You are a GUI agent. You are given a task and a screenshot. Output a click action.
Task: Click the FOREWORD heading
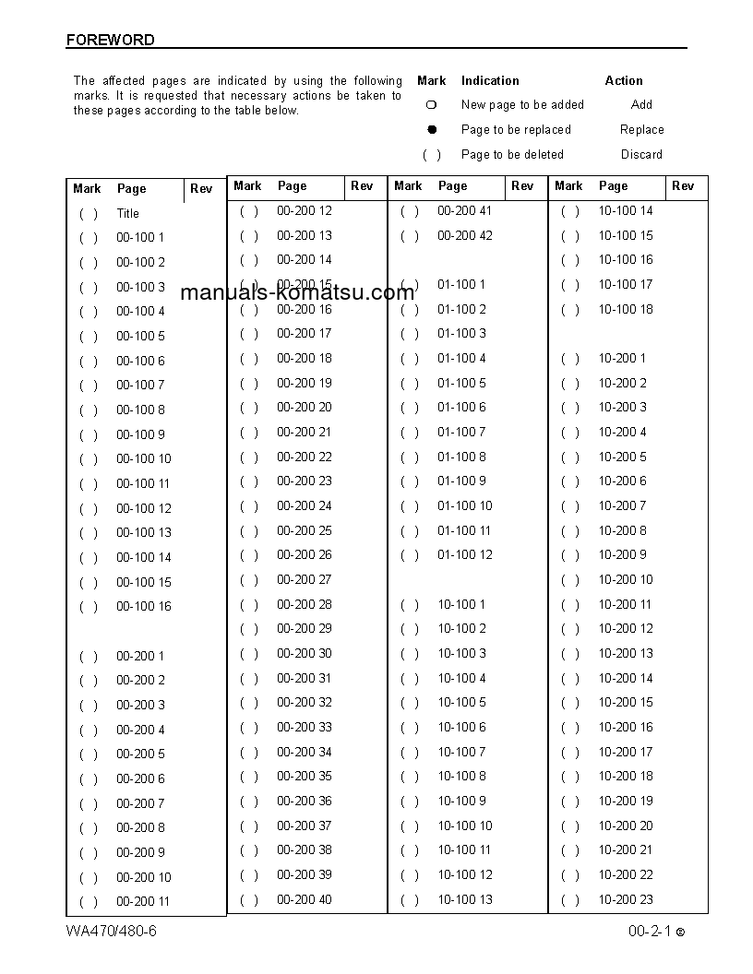pos(110,41)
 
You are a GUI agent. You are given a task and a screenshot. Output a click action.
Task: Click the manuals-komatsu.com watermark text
pos(297,293)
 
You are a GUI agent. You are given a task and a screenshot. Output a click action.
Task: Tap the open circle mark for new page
pos(431,105)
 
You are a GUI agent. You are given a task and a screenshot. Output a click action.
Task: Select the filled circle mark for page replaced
pos(431,130)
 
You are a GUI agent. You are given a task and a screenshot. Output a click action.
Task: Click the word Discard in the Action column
pos(641,155)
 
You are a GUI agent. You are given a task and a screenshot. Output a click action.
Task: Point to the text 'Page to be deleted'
pos(512,155)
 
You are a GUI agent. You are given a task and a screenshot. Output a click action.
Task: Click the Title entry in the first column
pos(128,213)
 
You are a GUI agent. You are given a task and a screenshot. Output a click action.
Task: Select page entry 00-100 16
pos(143,607)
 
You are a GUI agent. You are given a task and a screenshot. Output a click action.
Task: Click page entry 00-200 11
pos(143,902)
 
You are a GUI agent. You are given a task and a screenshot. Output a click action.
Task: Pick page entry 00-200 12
pos(304,210)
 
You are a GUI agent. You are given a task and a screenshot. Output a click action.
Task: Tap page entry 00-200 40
pos(304,899)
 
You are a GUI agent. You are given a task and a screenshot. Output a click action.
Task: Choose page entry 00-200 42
pos(464,235)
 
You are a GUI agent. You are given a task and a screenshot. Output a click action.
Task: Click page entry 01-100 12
pos(464,555)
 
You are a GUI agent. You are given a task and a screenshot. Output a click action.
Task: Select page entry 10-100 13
pos(464,899)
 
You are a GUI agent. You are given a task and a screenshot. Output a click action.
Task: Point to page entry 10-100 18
pos(625,309)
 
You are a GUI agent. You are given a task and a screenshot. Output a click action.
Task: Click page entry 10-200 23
pos(625,899)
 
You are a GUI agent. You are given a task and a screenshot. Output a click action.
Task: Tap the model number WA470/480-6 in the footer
pos(112,931)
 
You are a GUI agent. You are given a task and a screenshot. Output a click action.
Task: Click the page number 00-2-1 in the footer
pos(650,932)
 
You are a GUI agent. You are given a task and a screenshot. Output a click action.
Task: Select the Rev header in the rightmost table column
pos(683,185)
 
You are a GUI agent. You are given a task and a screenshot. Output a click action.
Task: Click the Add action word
pos(641,105)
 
